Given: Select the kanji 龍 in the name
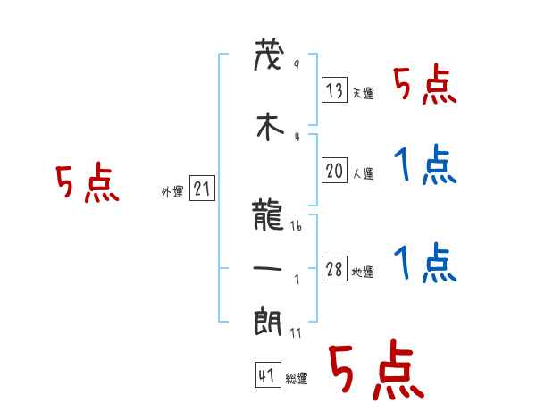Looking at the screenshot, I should point(269,215).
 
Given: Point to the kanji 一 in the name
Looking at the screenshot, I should point(269,268).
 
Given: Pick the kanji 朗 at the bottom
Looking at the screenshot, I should point(269,322).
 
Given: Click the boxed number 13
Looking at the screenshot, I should point(334,91).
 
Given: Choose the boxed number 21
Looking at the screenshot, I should point(202,189).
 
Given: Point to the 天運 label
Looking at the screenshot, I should point(363,93).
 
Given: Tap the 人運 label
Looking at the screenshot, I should point(363,173).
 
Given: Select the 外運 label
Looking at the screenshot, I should point(172,191).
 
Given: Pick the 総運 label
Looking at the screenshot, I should point(297,379).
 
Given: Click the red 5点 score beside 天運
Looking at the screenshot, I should point(424,86).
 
